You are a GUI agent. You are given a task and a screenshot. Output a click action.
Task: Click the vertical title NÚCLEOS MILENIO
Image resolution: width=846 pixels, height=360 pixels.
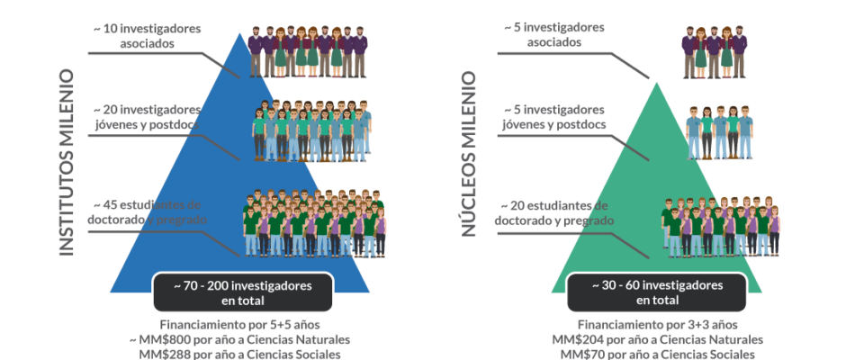coord(468,155)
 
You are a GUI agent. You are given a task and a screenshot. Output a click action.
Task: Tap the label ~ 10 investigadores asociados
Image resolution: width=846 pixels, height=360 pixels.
coord(147,36)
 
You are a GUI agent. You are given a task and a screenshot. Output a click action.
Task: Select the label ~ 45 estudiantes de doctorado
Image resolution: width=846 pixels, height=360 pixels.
coord(147,212)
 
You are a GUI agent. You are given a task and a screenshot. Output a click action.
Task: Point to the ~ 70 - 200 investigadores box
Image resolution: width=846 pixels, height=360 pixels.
coord(243,292)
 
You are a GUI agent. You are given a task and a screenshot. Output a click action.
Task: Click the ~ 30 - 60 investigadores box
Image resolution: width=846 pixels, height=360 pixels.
coord(657,292)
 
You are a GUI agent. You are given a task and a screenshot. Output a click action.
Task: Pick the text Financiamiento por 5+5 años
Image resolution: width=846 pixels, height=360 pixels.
coord(240,325)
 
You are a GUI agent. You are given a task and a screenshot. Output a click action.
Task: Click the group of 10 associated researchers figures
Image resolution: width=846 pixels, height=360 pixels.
coord(308,52)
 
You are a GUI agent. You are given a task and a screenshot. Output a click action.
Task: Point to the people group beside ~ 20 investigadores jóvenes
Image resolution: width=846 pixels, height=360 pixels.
coord(312,130)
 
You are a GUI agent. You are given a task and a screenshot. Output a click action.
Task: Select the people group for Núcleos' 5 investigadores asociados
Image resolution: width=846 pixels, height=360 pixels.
coord(715,52)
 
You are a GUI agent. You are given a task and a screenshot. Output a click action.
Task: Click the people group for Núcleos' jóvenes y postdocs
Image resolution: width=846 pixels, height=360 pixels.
coord(720,132)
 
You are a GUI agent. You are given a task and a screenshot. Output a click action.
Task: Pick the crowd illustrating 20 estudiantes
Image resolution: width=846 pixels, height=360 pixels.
coord(721,227)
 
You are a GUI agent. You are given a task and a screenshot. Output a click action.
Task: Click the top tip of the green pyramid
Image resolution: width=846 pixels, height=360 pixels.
coord(657,83)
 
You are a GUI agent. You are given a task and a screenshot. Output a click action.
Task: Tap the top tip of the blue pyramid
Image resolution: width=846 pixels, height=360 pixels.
coord(240,33)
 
